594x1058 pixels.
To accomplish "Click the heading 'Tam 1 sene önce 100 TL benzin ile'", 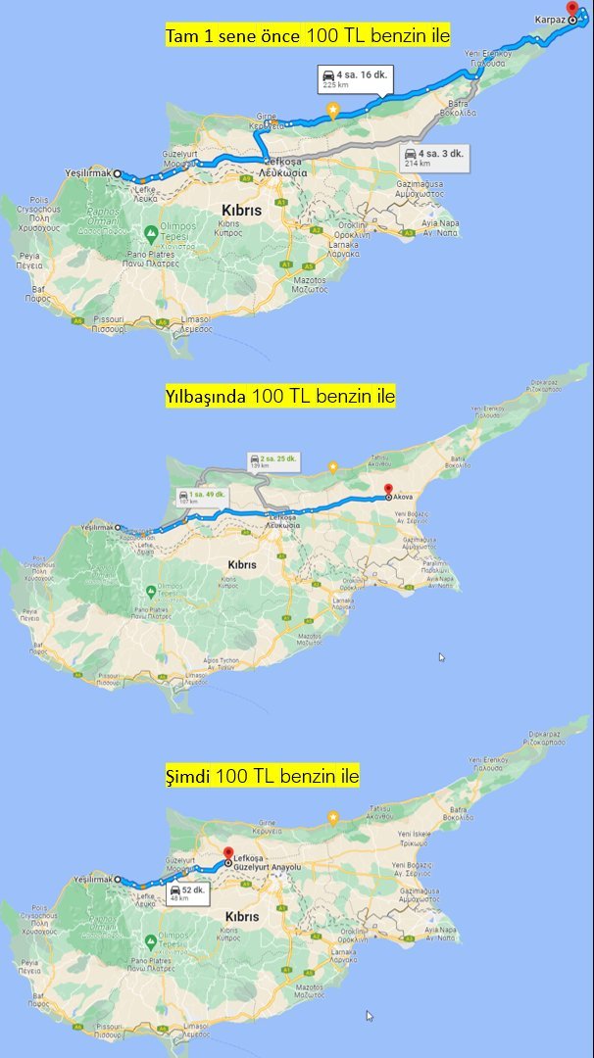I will click(308, 37).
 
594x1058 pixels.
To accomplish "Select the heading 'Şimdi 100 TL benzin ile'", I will click(261, 776).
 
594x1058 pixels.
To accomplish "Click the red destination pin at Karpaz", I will click(572, 8).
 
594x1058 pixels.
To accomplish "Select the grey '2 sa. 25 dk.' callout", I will click(273, 461).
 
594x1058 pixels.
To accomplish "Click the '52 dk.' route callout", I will click(185, 893).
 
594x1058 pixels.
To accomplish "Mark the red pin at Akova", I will click(388, 491).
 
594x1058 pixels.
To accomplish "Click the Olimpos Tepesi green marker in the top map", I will click(150, 232).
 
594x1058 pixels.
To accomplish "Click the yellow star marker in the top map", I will click(334, 111).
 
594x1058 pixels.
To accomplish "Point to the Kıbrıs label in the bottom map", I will click(241, 916).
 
